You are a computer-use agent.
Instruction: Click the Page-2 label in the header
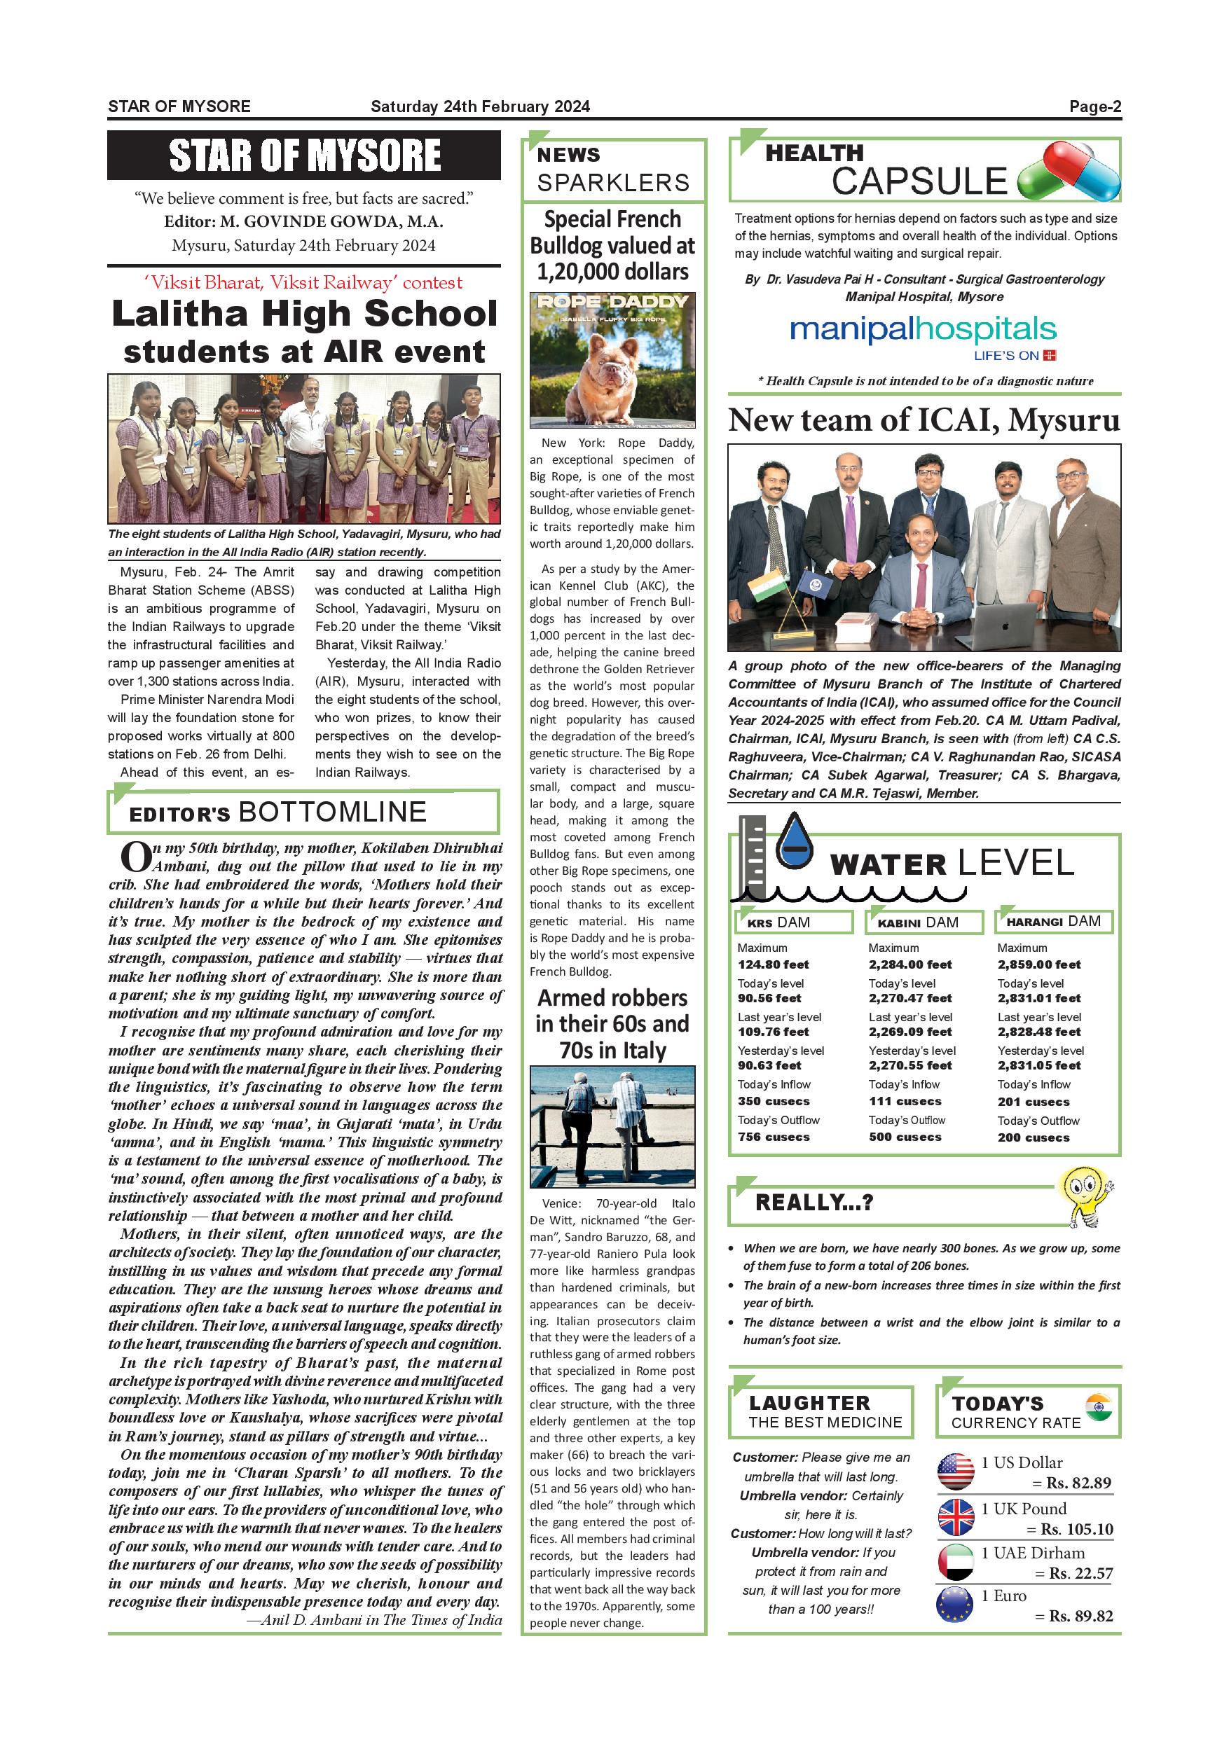pos(1094,106)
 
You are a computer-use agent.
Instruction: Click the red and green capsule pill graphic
pos(1068,173)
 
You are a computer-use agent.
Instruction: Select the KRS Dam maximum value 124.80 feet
pos(773,964)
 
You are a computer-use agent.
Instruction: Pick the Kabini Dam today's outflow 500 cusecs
pos(905,1137)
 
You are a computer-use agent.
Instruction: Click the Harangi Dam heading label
pos(1053,922)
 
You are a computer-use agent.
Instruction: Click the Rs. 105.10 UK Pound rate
pos(1076,1530)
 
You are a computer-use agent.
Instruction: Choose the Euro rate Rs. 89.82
pos(1080,1616)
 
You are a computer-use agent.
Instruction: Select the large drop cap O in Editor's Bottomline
pos(135,857)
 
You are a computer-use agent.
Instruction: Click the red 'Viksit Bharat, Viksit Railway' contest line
pos(303,283)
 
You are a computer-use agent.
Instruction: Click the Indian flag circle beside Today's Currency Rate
pos(1098,1406)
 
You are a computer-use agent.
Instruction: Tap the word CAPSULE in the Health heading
pos(919,181)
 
